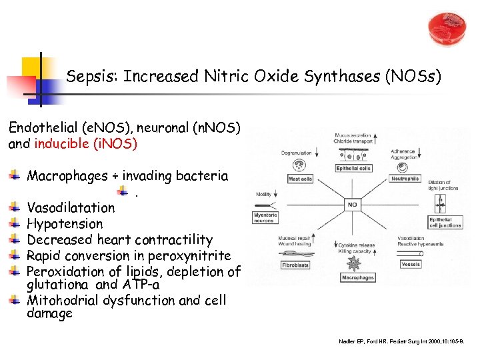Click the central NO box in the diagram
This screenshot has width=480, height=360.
(x=352, y=205)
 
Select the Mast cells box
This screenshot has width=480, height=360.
(x=300, y=179)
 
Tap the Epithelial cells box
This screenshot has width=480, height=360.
(x=353, y=169)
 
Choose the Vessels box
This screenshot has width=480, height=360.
(x=411, y=265)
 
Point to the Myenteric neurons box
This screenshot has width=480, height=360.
(x=265, y=217)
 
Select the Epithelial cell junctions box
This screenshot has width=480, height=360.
(x=445, y=222)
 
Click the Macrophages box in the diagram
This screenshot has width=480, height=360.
(x=358, y=277)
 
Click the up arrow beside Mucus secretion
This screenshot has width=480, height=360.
(x=375, y=139)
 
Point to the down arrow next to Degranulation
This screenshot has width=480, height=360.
(x=315, y=153)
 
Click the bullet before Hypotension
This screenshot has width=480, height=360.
(x=15, y=223)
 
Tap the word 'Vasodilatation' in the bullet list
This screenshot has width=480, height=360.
(x=71, y=208)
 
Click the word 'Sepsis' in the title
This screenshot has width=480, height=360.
(x=85, y=77)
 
